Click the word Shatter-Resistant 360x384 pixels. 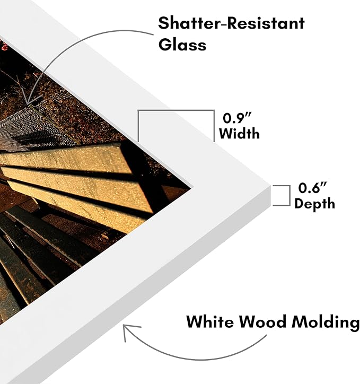tap(231, 23)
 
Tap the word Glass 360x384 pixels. tap(182, 45)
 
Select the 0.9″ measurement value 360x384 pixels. tap(237, 118)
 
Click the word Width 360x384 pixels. tap(239, 134)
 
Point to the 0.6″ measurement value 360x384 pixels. tap(312, 188)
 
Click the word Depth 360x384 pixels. tap(314, 204)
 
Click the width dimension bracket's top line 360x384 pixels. tap(176, 110)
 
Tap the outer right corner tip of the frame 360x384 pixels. tap(270, 185)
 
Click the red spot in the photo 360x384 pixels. tap(4, 46)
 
